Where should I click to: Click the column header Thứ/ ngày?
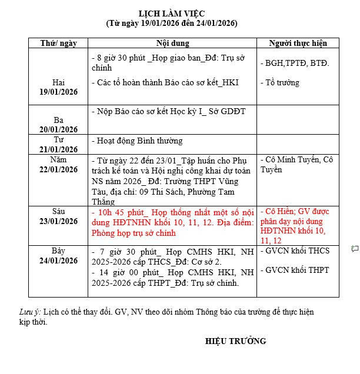tap(58, 44)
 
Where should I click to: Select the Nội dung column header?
tap(172, 44)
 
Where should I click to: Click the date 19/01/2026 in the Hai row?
tap(58, 92)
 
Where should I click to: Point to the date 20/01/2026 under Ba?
tap(58, 129)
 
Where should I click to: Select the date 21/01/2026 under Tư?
tap(58, 149)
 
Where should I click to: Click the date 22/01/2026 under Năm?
tap(58, 169)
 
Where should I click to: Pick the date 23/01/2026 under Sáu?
tap(58, 221)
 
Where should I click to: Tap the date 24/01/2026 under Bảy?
tap(58, 261)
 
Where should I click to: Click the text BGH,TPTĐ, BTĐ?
tap(295, 63)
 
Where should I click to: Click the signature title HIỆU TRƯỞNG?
tap(235, 341)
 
